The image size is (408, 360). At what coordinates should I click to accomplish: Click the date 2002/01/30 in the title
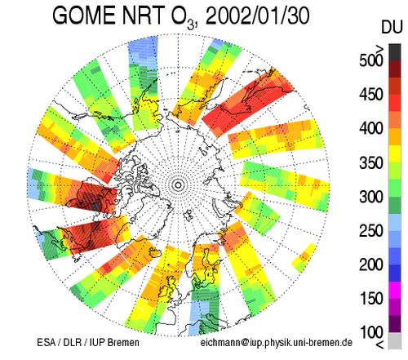point(257,16)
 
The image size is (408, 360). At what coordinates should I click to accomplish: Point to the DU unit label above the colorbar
point(392,27)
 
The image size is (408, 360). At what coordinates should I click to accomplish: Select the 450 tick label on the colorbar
point(371,95)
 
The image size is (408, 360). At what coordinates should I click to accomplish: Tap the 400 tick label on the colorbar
point(371,128)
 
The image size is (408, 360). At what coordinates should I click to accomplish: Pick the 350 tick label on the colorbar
point(371,162)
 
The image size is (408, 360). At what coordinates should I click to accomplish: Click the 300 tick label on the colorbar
point(371,197)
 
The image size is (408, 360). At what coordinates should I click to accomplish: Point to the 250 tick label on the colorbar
point(371,230)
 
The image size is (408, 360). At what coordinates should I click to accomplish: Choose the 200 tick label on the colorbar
point(371,264)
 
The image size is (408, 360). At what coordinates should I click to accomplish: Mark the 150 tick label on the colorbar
point(371,298)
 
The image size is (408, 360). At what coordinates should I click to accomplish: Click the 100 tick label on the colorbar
point(371,332)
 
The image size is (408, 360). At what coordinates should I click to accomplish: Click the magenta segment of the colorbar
point(395,290)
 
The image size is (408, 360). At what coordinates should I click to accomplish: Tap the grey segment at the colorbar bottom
point(395,340)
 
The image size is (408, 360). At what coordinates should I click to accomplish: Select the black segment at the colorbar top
point(395,52)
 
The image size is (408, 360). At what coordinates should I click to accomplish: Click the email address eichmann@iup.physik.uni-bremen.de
point(277,343)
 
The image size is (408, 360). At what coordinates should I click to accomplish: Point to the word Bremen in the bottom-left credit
point(124,342)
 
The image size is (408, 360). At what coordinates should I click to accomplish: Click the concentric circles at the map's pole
point(178,185)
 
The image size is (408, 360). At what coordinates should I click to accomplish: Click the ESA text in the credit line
point(46,342)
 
